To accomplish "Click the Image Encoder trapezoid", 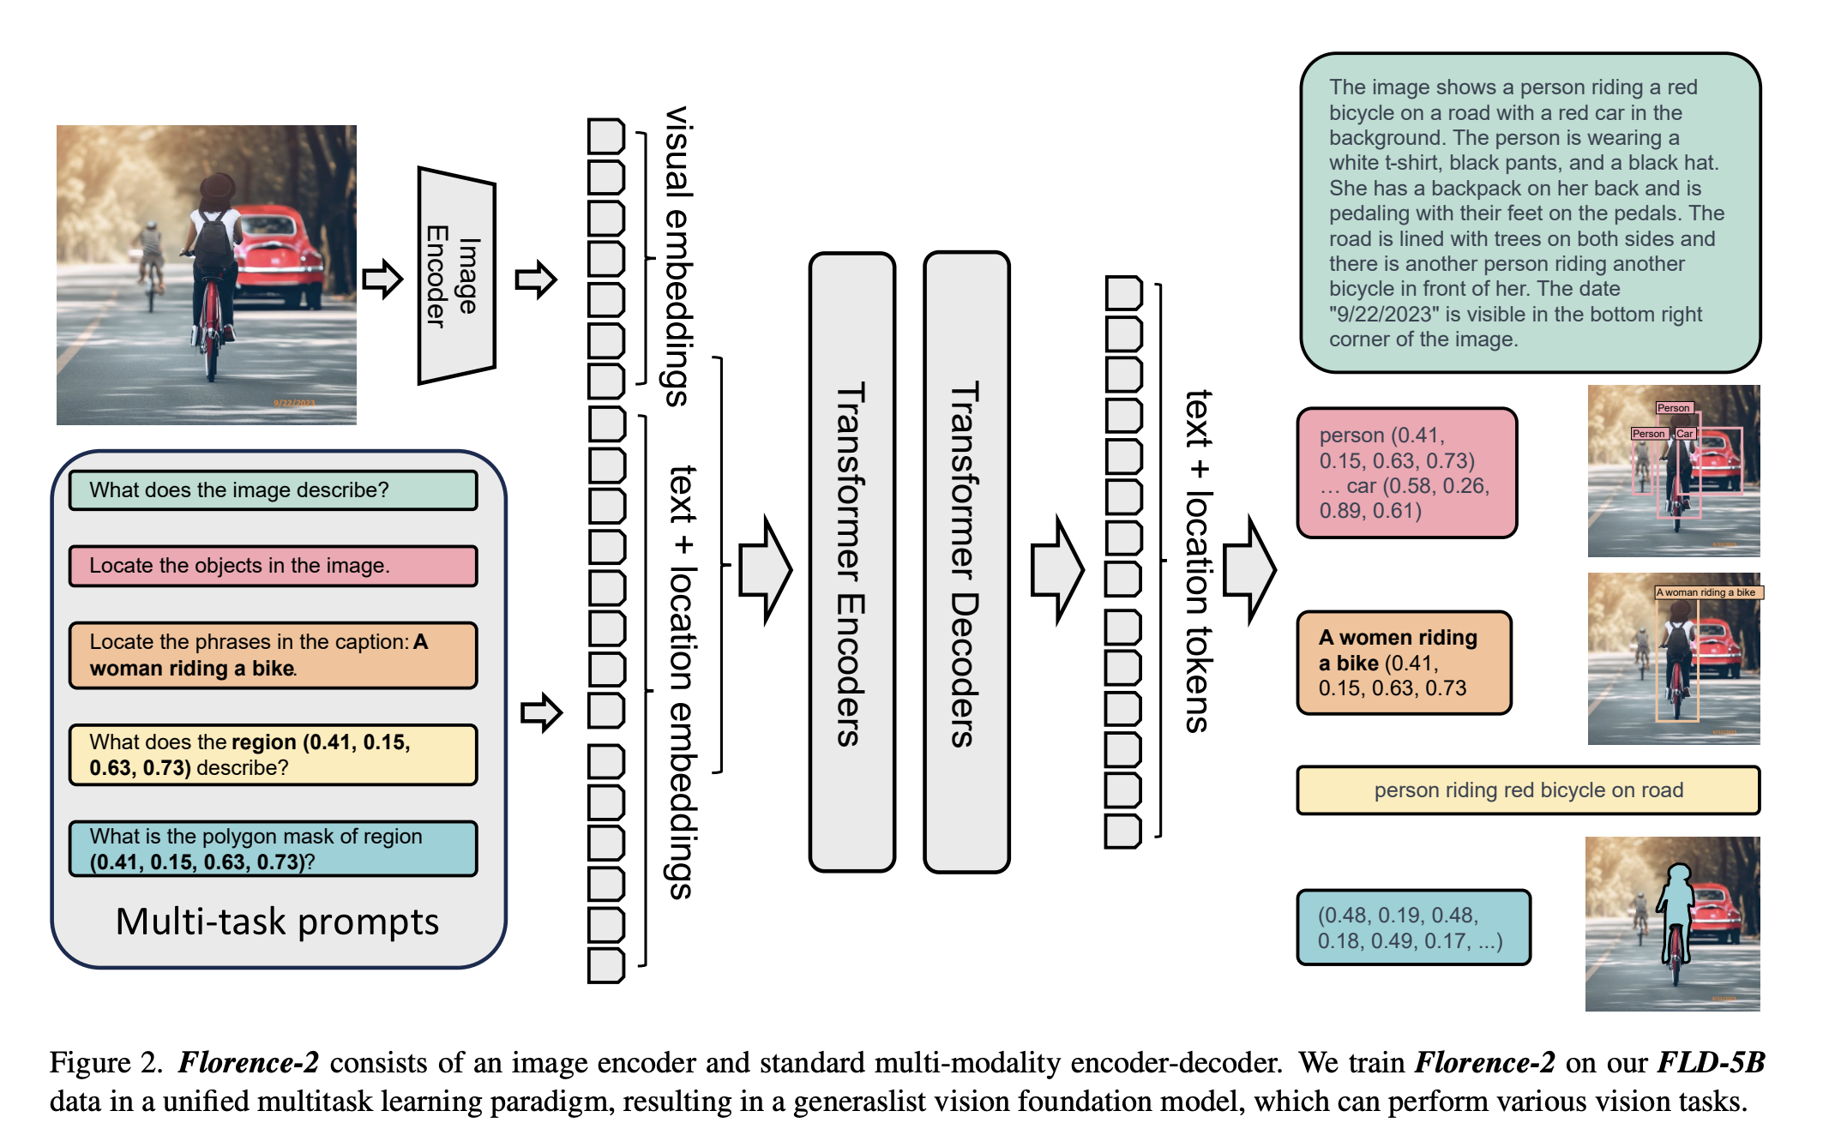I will pyautogui.click(x=456, y=276).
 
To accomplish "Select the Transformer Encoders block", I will pyautogui.click(x=851, y=562).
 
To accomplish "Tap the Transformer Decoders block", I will pyautogui.click(x=966, y=562).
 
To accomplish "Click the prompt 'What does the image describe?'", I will pyautogui.click(x=273, y=490).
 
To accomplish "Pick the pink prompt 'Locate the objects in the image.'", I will pyautogui.click(x=273, y=566).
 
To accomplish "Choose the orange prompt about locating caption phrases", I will pyautogui.click(x=273, y=655).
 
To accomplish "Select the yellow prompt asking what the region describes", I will pyautogui.click(x=273, y=754).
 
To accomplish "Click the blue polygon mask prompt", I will pyautogui.click(x=273, y=849).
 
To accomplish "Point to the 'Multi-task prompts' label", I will pyautogui.click(x=277, y=922).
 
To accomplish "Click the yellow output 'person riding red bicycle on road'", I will pyautogui.click(x=1528, y=790).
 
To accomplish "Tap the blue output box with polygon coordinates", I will pyautogui.click(x=1413, y=928).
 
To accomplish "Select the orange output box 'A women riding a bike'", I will pyautogui.click(x=1404, y=663).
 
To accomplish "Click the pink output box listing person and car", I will pyautogui.click(x=1406, y=473).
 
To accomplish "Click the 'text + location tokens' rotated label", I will pyautogui.click(x=1198, y=561).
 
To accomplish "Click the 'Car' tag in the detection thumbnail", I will pyautogui.click(x=1685, y=434).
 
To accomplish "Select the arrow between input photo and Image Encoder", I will pyautogui.click(x=382, y=279).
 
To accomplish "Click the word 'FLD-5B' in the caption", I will pyautogui.click(x=1711, y=1063).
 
